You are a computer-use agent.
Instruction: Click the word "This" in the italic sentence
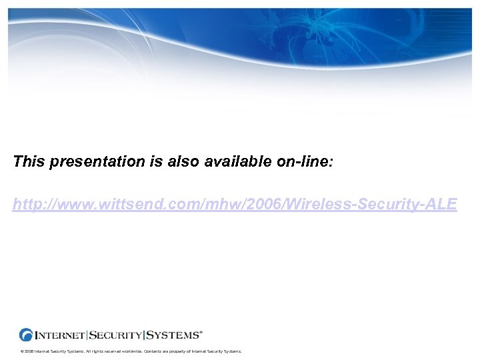coord(28,161)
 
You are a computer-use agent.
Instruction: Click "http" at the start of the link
coord(26,205)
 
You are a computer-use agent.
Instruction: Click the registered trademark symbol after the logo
coord(201,331)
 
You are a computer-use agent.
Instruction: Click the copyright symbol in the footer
coord(22,351)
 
